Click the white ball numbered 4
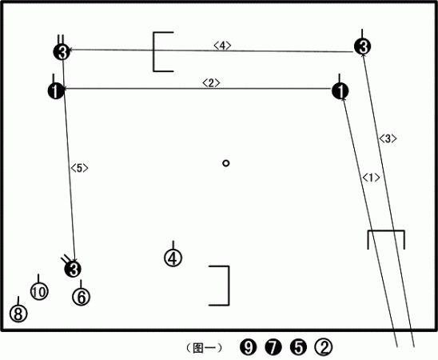173,258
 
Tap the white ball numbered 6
82,297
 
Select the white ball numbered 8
18,314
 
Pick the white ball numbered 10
39,291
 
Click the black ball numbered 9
248,347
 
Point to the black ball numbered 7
273,347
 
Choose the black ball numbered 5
299,347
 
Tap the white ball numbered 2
324,347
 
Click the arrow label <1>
371,178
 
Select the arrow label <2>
211,82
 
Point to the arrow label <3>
388,138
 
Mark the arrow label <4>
222,46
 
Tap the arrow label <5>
79,168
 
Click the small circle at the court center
226,163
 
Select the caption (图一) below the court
204,348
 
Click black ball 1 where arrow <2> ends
56,91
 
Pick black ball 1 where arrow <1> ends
340,91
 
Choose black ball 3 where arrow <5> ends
73,269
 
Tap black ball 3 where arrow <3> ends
363,46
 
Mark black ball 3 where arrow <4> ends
62,52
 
